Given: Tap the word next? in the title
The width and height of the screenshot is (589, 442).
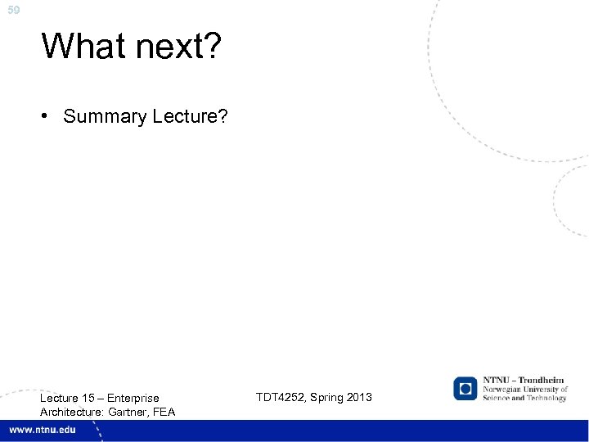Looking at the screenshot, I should tap(173, 47).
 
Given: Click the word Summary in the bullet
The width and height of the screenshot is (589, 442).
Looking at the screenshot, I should tap(105, 117).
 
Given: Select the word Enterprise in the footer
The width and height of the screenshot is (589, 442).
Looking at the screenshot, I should tap(133, 399).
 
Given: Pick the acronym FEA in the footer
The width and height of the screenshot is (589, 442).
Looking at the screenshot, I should tap(164, 412).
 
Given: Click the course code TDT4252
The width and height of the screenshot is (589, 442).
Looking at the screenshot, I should tap(281, 397).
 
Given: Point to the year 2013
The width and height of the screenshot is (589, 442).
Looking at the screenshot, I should tap(359, 397).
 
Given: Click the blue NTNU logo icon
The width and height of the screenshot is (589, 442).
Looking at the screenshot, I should tap(465, 389).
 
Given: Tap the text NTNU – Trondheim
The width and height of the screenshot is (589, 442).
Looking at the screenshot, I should tap(524, 381).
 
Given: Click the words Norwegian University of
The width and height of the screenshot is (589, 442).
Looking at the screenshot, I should tap(524, 390).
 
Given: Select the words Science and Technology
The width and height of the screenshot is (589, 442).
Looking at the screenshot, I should tap(524, 399).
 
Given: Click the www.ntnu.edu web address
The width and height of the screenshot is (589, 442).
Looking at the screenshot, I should tap(43, 430).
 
